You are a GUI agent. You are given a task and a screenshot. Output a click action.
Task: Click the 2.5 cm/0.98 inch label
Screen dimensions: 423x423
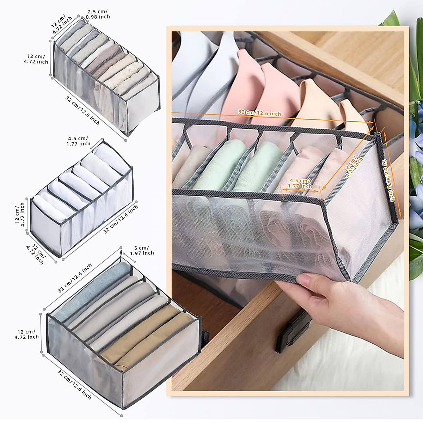(98, 14)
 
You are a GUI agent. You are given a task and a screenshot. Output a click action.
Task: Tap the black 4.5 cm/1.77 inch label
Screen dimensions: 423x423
(78, 141)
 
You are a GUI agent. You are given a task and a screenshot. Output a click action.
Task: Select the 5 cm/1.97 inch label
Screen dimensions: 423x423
(142, 251)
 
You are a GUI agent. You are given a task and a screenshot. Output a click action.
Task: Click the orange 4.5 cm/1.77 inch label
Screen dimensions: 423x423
(300, 183)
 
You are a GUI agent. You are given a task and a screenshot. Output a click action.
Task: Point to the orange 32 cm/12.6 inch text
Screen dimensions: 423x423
(259, 113)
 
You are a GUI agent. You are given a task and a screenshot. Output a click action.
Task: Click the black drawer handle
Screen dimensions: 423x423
(293, 331)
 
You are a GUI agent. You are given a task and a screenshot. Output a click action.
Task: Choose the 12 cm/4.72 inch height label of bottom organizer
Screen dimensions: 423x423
(27, 334)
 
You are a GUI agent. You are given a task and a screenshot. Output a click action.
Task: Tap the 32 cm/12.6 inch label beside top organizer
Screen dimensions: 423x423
(82, 110)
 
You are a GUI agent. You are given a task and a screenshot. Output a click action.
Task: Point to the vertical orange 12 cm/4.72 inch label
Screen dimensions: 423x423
(388, 180)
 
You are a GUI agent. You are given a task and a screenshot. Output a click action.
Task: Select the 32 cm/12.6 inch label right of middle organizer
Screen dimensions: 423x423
(121, 219)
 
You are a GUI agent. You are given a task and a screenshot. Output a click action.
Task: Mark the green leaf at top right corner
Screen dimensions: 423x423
(391, 19)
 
